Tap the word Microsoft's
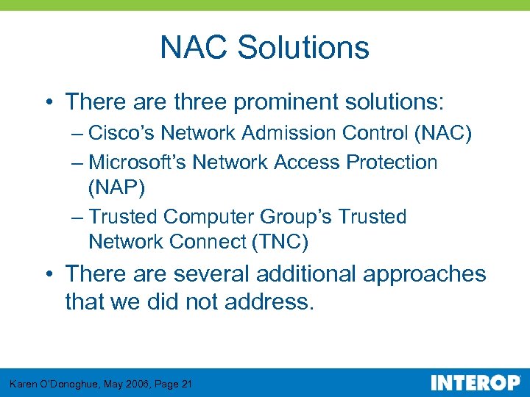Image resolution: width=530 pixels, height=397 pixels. pyautogui.click(x=137, y=162)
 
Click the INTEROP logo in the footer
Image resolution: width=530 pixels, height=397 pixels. pyautogui.click(x=475, y=382)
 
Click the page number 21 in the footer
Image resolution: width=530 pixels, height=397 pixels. pyautogui.click(x=185, y=384)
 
